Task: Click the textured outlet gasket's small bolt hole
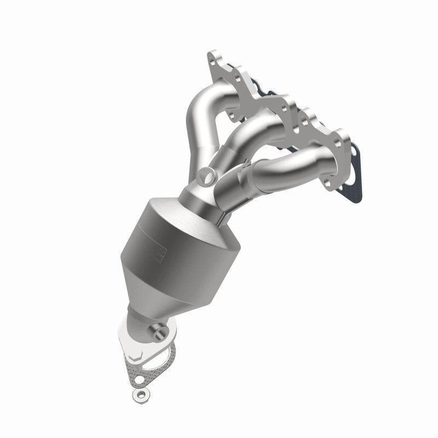tap(141, 378)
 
